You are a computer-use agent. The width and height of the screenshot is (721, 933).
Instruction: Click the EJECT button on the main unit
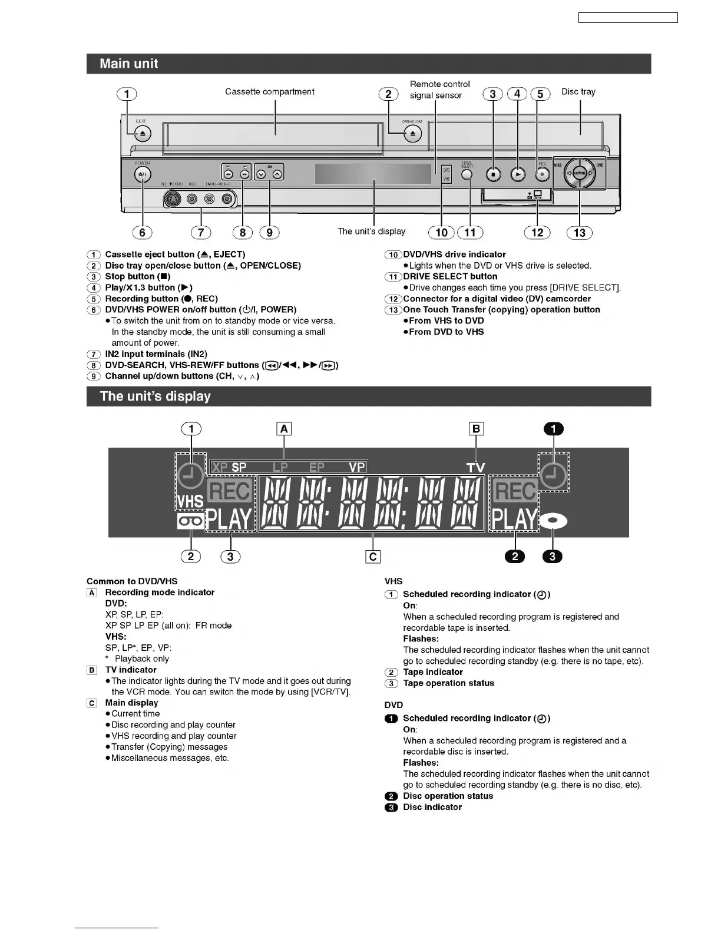coord(143,134)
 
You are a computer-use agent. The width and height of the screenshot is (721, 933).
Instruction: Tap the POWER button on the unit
coord(143,174)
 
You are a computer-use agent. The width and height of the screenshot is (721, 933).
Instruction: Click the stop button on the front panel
coord(494,174)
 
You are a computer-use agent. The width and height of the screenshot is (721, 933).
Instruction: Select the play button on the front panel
coord(517,174)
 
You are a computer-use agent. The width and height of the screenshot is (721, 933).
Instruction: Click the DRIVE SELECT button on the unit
coord(467,174)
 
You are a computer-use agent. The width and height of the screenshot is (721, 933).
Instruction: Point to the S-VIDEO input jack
coord(174,199)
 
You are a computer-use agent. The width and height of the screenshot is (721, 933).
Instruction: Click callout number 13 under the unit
coord(580,233)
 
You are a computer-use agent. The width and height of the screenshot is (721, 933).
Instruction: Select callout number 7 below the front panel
coord(201,233)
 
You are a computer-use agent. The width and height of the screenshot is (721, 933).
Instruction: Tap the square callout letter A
coord(284,429)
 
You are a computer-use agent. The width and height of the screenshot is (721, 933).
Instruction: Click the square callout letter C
coord(373,557)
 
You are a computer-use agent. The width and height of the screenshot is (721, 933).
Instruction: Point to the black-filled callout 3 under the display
coord(552,556)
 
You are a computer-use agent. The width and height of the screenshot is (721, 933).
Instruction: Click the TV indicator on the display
coord(475,468)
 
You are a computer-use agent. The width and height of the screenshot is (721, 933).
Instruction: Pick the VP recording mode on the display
coord(357,467)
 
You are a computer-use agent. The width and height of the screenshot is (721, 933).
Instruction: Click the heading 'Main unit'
coord(129,64)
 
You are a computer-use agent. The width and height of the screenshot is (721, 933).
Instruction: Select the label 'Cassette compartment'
coord(270,92)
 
